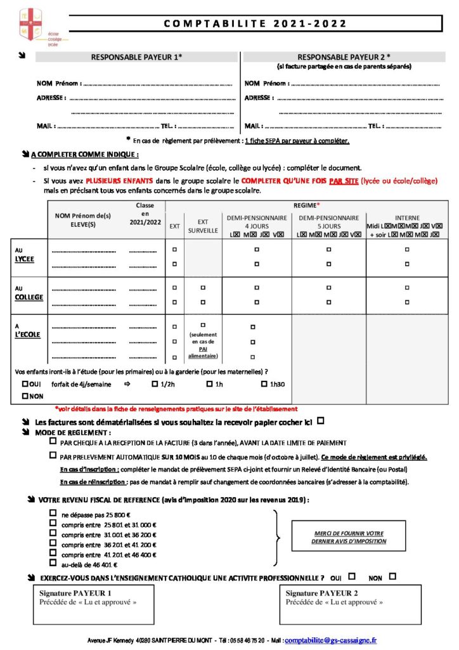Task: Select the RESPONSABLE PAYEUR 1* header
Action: point(136,57)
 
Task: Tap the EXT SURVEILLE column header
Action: point(203,226)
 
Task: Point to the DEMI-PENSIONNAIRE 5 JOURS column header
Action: point(328,222)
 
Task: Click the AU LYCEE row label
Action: point(25,255)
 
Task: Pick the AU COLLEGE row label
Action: point(27,293)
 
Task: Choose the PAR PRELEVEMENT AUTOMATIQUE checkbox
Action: point(53,455)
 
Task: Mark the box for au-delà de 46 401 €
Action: point(53,564)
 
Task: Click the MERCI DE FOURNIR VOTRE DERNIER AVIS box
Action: point(348,537)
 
